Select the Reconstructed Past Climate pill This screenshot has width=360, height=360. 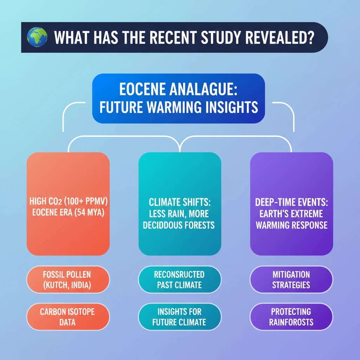pos(179,279)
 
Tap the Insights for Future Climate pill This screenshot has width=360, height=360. pos(179,317)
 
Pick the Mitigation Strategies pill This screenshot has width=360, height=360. pos(291,279)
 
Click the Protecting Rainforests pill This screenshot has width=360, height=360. pos(291,317)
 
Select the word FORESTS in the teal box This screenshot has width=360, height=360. pos(197,225)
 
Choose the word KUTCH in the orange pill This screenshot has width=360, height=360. pos(56,285)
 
